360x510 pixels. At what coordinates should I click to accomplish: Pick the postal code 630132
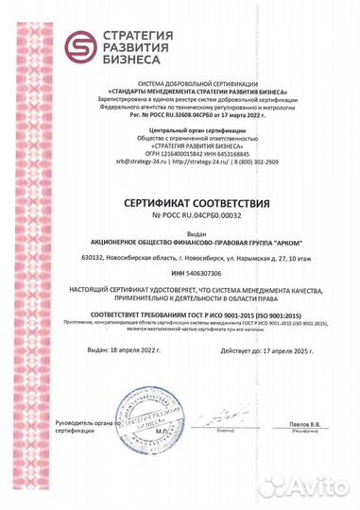68,256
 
